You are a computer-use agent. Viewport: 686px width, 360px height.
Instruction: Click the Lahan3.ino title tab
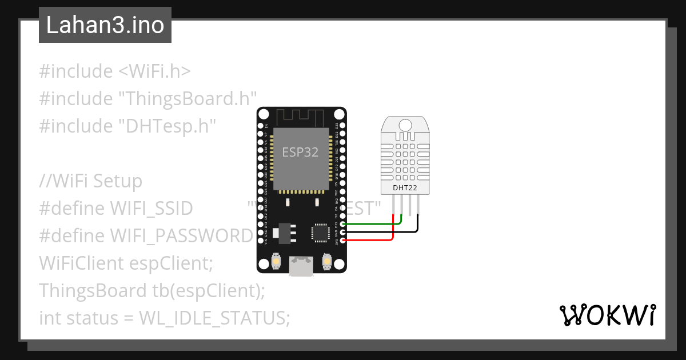point(105,25)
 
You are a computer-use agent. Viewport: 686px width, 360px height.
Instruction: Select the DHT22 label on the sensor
point(405,187)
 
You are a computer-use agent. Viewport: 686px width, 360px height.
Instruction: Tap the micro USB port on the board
point(301,266)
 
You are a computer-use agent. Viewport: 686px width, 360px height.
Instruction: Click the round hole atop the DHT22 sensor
point(405,125)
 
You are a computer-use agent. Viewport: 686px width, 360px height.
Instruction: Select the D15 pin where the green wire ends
point(342,224)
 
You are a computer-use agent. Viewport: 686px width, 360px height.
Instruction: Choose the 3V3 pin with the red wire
point(342,241)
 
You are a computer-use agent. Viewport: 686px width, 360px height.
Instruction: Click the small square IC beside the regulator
point(320,233)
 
